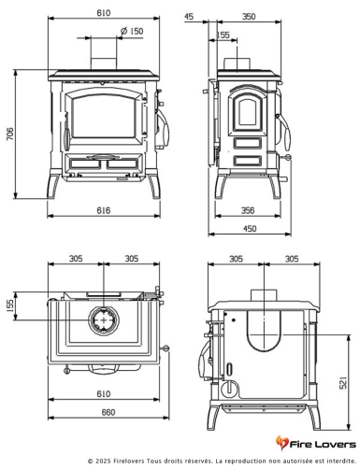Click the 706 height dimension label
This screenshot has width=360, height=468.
coord(10,134)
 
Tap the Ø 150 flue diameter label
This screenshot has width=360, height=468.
coord(132,31)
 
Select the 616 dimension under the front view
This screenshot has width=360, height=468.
coord(104,210)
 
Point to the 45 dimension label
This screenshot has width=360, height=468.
coord(189,16)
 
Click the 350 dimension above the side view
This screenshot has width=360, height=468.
coord(249,16)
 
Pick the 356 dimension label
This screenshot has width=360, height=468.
coord(248,210)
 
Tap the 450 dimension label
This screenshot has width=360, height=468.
coord(250,229)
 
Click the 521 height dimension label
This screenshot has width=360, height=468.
coord(342,383)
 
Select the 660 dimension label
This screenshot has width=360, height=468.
coord(108,412)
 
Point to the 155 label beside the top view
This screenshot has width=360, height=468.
coord(10,305)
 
